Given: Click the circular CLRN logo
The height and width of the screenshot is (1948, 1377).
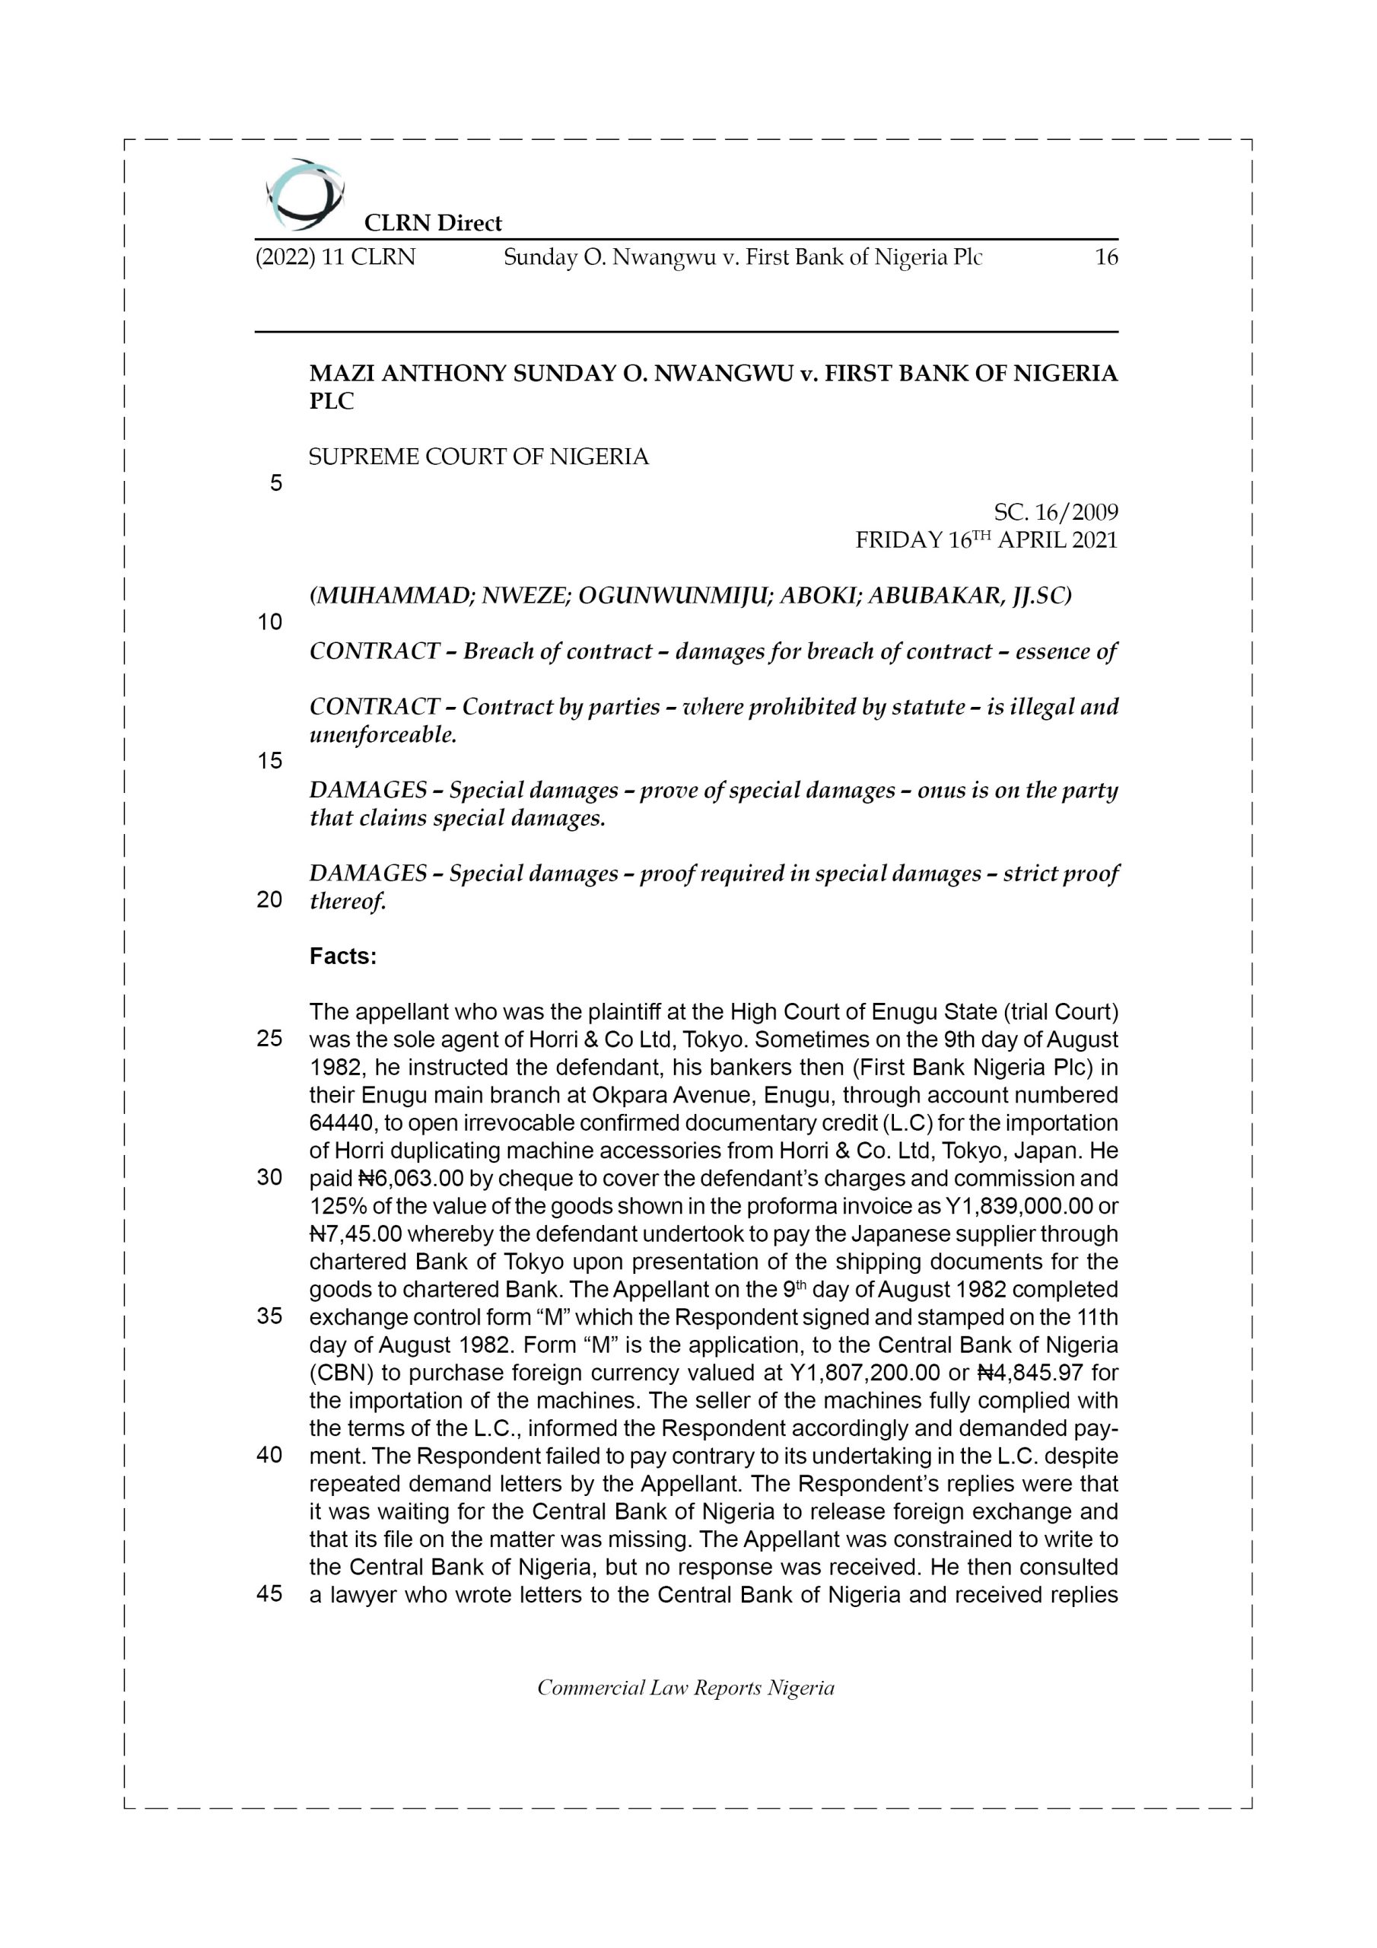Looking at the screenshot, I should [x=304, y=195].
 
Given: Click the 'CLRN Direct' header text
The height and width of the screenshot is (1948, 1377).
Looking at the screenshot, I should [x=433, y=223].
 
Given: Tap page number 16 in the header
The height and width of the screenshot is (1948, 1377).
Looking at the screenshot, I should [x=1105, y=257].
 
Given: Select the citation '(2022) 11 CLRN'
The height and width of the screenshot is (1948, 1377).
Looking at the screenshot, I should [x=336, y=257].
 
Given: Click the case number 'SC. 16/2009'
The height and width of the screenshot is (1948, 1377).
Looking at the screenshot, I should [x=1055, y=512].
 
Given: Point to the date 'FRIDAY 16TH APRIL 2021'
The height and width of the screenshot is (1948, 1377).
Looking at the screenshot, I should [x=986, y=540].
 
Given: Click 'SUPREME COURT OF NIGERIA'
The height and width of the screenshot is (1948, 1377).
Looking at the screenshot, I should [x=479, y=457].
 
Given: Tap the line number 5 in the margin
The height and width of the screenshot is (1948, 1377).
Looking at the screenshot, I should [x=275, y=484].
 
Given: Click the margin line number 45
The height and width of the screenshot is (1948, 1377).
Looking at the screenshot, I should [x=270, y=1594].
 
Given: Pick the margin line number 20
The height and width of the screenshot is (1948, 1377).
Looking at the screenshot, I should [x=270, y=900].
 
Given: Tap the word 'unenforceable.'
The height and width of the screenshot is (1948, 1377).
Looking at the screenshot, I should [x=383, y=735].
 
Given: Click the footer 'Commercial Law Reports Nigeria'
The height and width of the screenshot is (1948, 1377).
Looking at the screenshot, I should [x=685, y=1688].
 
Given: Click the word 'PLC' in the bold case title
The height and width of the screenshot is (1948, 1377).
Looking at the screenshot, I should [x=331, y=401].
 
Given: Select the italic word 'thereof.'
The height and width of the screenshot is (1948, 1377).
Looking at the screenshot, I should [x=347, y=901].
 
